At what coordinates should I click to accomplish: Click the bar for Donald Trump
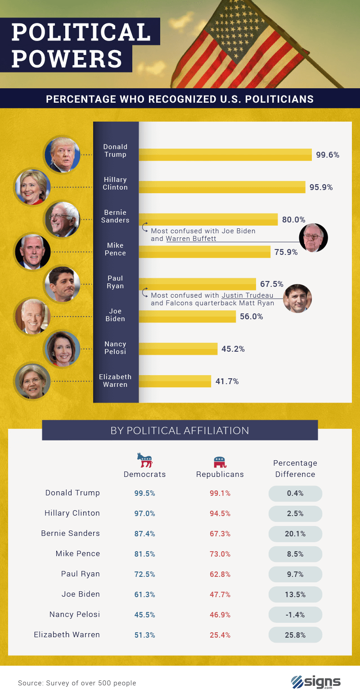click(225, 154)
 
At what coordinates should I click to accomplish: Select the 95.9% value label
click(321, 187)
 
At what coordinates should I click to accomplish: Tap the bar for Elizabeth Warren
click(175, 381)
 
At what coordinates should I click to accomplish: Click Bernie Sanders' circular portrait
click(62, 219)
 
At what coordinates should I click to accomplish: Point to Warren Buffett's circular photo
click(313, 237)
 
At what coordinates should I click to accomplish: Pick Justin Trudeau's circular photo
click(297, 298)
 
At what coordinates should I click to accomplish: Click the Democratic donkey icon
click(145, 460)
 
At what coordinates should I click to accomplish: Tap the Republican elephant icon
click(220, 462)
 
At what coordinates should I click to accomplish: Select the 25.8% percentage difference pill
click(296, 635)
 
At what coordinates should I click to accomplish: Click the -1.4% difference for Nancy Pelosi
click(296, 615)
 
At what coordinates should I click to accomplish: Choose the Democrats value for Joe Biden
click(144, 594)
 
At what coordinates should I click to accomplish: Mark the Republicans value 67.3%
click(220, 534)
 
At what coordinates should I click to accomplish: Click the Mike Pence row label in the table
click(77, 553)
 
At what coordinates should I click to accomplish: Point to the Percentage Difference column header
click(295, 468)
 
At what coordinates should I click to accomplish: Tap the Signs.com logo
click(315, 682)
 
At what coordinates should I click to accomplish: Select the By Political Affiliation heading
click(180, 431)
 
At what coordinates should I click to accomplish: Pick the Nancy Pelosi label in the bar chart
click(115, 348)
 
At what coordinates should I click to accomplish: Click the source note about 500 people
click(77, 683)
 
